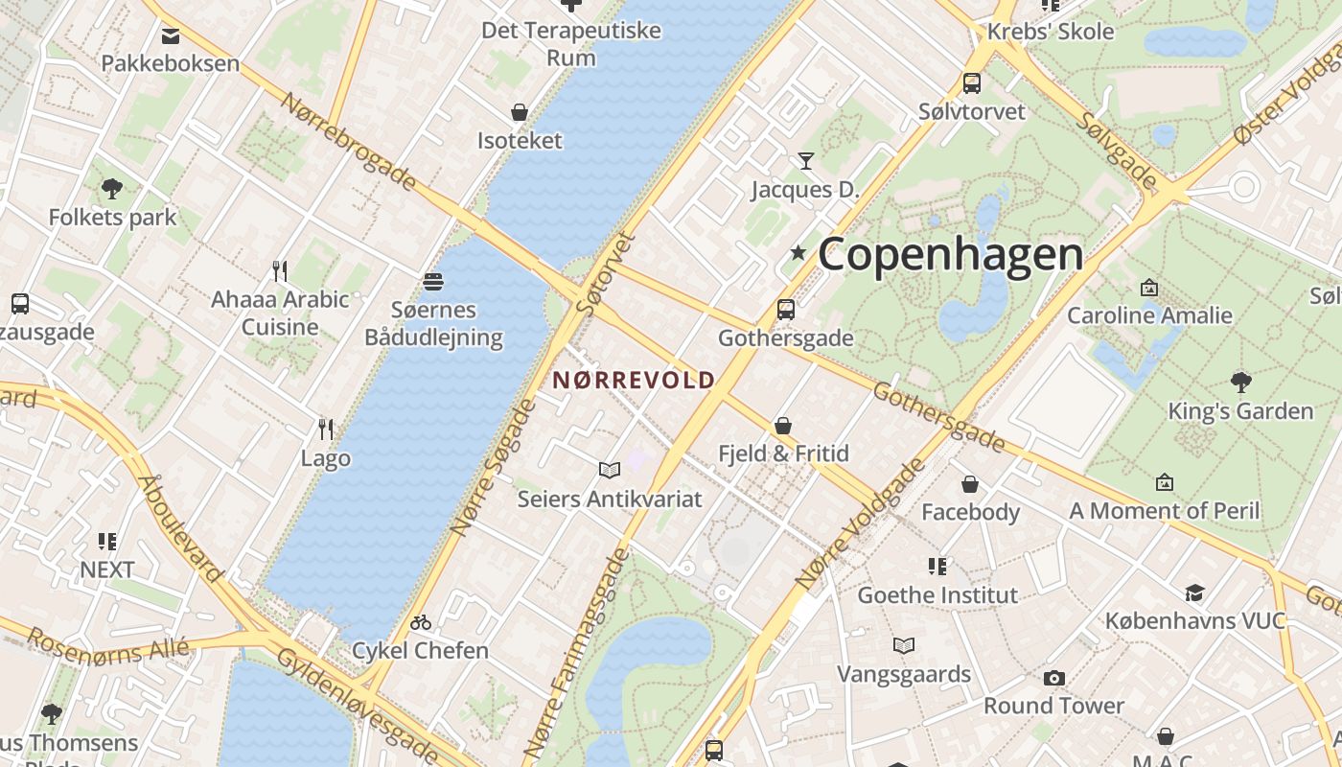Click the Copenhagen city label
point(950,254)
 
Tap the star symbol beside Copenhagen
point(798,252)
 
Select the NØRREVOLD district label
point(634,380)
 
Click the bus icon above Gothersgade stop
point(786,309)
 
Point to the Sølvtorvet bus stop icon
point(972,82)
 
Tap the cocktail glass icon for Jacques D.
point(805,160)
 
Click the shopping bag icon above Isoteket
point(520,112)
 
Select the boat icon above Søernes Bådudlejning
point(433,281)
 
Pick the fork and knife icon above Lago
point(326,429)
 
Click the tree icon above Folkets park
point(112,188)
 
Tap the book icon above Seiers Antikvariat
point(610,470)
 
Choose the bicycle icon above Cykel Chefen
point(420,622)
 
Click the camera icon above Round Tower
point(1053,678)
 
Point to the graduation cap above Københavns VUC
point(1194,593)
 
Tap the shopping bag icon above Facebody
point(970,484)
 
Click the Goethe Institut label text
point(937,595)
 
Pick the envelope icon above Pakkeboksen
point(171,36)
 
